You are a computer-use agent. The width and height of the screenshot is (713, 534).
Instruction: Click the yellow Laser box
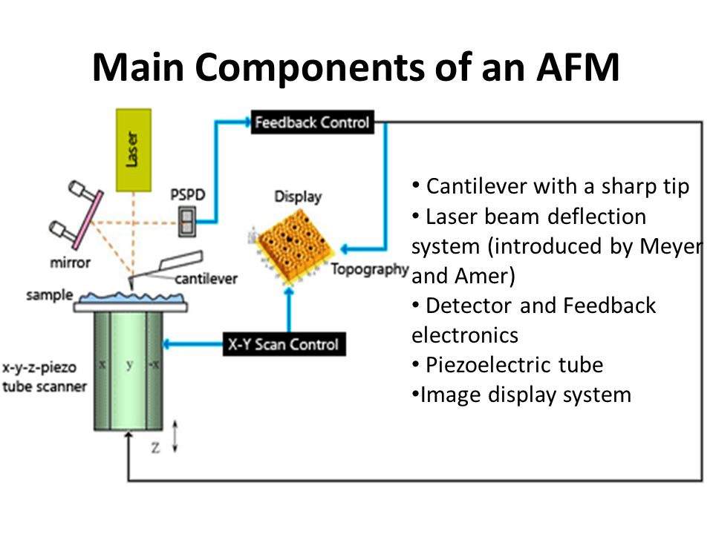[x=134, y=151]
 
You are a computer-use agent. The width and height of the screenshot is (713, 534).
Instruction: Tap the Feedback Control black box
[x=313, y=122]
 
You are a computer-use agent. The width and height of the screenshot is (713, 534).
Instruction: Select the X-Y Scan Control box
[x=284, y=344]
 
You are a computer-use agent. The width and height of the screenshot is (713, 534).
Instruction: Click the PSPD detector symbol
[x=187, y=222]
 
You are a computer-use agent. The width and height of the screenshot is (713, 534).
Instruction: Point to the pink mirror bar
[x=88, y=220]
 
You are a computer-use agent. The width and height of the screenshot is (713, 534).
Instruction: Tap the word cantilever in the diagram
[x=206, y=278]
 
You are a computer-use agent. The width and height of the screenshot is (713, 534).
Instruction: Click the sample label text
[x=50, y=294]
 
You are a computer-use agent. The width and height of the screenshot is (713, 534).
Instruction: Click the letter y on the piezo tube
[x=129, y=365]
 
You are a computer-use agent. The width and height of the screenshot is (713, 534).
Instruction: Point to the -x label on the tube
[x=154, y=363]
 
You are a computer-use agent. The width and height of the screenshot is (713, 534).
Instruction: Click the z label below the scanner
[x=155, y=447]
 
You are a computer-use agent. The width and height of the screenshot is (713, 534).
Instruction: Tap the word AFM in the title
[x=578, y=67]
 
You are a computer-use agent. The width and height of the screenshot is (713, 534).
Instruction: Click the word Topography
[x=370, y=269]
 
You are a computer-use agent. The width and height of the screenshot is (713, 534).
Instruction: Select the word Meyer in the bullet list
[x=671, y=246]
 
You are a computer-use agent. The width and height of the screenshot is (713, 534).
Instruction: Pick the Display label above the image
[x=299, y=197]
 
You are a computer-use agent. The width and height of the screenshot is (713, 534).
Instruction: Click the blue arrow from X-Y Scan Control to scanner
[x=193, y=344]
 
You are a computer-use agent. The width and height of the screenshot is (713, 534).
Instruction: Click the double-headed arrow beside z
[x=175, y=436]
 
